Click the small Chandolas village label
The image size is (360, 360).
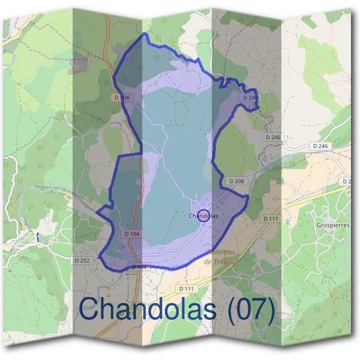pos(203,215)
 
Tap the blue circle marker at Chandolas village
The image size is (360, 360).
pos(203,215)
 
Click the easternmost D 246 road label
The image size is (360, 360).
pos(320,146)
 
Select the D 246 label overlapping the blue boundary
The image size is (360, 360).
pos(251,97)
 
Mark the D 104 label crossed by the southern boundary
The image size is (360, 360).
pos(138,267)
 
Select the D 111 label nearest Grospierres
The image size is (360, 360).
pos(271,219)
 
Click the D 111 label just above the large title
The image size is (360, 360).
pos(187,289)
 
